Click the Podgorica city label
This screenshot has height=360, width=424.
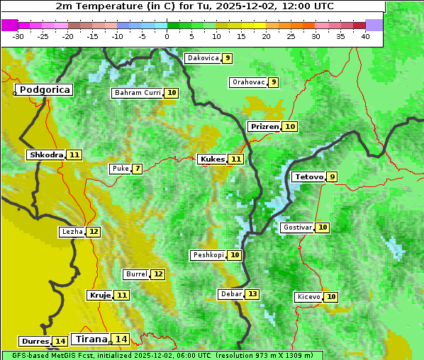click(44, 90)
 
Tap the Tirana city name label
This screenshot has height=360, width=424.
click(89, 339)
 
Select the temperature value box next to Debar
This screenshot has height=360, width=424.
click(252, 294)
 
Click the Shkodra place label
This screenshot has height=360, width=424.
click(46, 154)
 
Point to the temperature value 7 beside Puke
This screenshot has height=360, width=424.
click(137, 169)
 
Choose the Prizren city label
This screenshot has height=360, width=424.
click(264, 126)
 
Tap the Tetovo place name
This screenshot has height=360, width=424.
click(308, 176)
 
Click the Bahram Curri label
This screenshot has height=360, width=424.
click(138, 93)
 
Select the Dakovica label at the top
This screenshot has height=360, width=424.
click(202, 58)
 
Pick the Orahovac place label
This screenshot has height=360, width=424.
click(248, 82)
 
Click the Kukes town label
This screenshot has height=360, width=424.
click(212, 159)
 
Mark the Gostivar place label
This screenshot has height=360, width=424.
click(296, 227)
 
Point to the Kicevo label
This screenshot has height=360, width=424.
click(308, 297)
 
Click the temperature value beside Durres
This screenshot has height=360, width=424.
click(60, 342)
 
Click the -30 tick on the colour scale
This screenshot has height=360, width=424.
click(18, 36)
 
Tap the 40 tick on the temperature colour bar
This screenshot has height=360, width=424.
click(365, 36)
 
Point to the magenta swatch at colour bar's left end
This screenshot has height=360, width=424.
click(10, 25)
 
